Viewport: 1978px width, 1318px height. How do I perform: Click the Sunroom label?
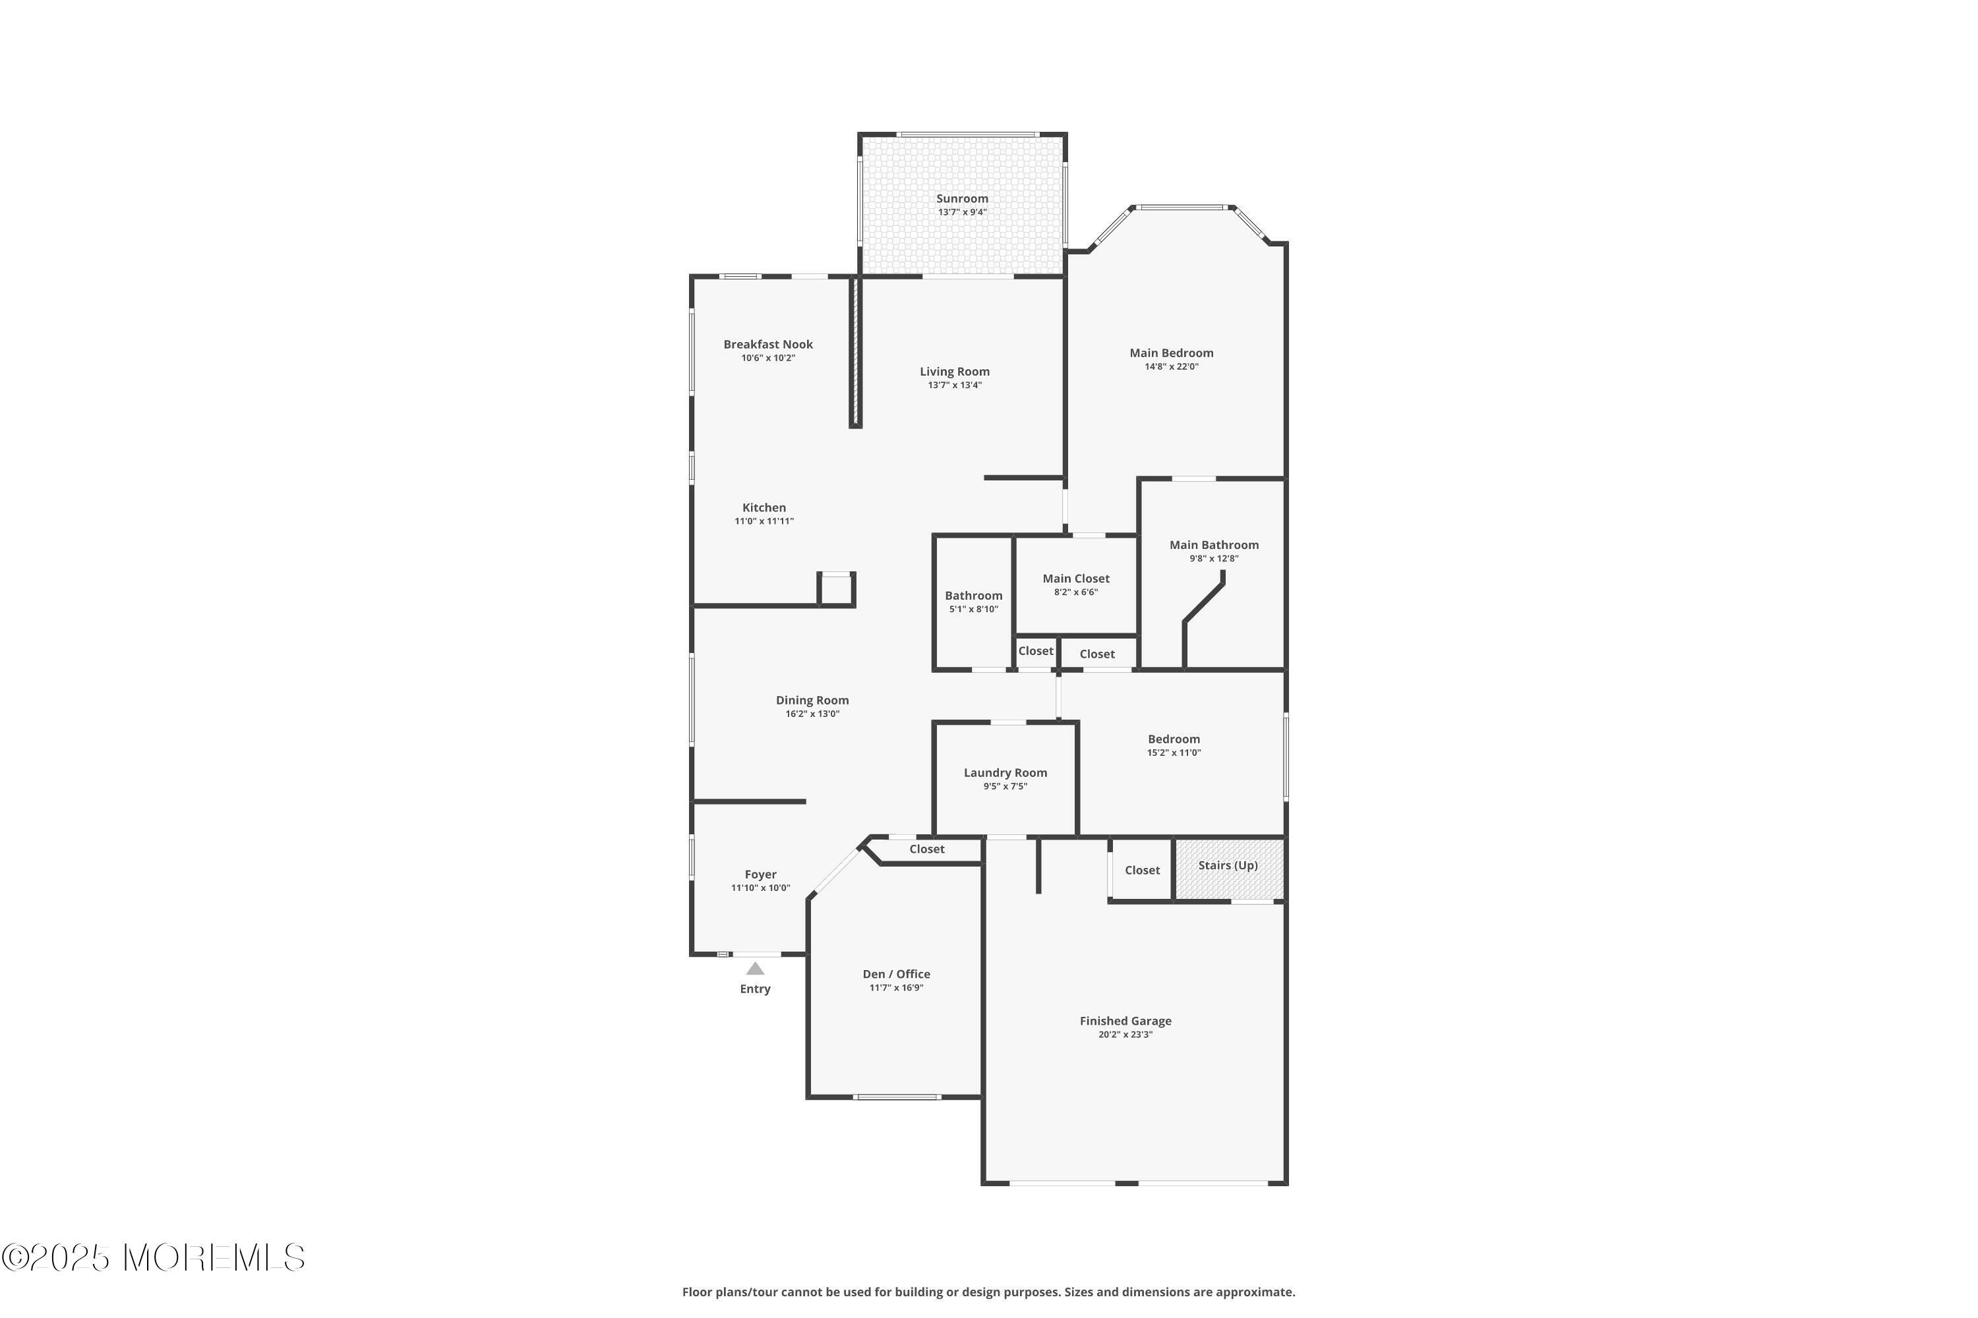pos(962,199)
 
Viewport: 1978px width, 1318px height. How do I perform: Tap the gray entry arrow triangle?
pos(755,968)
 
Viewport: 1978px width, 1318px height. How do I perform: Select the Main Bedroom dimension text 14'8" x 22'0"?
pos(1172,366)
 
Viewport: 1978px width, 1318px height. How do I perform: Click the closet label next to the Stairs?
pos(1142,871)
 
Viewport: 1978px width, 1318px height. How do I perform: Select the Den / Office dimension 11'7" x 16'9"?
pos(897,988)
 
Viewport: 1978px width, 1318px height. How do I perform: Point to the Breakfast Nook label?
pos(768,345)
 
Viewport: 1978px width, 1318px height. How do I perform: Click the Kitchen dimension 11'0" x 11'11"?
pos(764,521)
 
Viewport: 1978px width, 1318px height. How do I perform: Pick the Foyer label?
pos(760,875)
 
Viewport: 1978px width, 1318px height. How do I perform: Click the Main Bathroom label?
pos(1214,546)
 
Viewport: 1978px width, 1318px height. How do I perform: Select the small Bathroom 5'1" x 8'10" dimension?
pos(973,610)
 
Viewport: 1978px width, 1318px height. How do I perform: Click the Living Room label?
pos(955,372)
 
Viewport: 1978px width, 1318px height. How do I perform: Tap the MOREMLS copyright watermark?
pos(153,1258)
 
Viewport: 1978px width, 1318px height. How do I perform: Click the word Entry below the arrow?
pos(755,989)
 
